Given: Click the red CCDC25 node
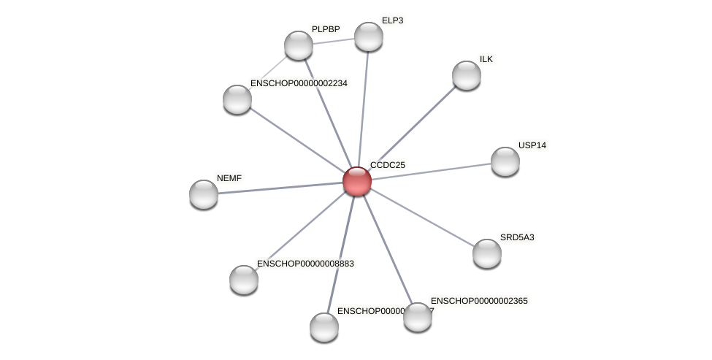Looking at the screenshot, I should tap(357, 181).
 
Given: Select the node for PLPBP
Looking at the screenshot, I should tap(299, 45).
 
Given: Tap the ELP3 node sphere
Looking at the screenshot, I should tap(369, 37).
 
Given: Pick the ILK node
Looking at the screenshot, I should tap(467, 75).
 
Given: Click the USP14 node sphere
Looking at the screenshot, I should tap(505, 161).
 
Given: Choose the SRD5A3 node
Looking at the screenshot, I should tap(487, 253).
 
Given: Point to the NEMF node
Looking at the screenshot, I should tap(204, 194).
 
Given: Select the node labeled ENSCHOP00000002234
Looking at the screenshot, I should tap(237, 99).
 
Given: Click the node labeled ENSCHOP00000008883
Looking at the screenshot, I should tap(244, 280).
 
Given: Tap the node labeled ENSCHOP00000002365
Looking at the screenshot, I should tap(418, 317).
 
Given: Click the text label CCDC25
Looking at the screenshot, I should tap(388, 165).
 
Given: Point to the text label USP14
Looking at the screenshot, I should tap(532, 145).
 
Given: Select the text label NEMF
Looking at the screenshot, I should tap(229, 178).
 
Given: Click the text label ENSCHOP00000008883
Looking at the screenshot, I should tap(306, 264).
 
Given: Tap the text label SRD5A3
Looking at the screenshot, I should tap(517, 237).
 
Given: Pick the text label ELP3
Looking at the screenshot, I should tap(392, 20).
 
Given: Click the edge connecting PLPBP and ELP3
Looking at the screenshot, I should tap(334, 41).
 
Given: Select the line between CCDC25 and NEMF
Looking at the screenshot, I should tap(280, 188).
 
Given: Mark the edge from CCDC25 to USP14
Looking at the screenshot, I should tap(431, 172).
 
